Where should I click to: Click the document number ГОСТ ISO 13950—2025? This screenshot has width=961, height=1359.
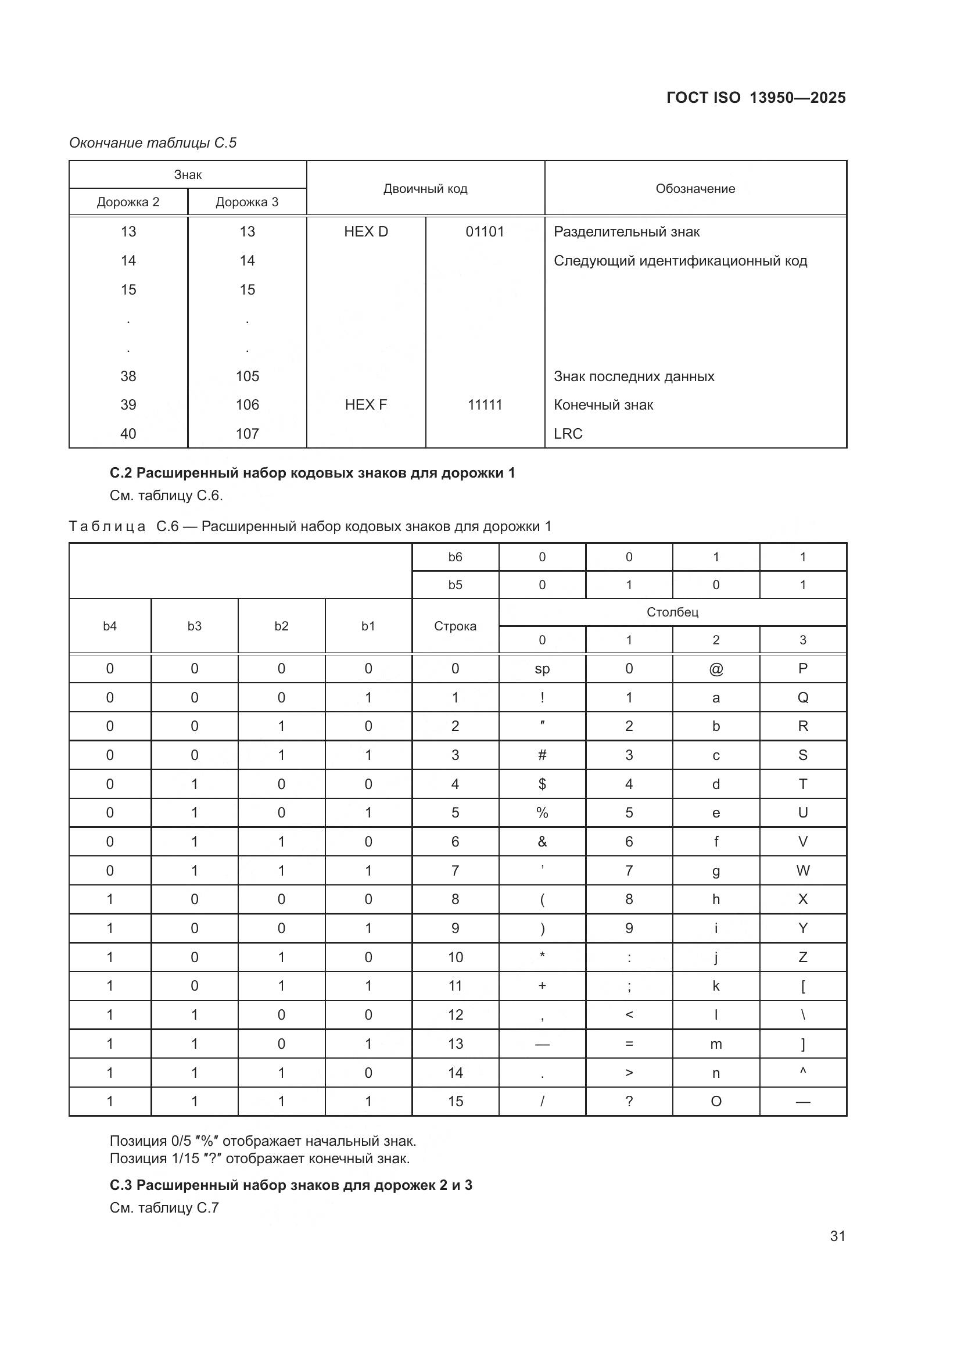pyautogui.click(x=756, y=98)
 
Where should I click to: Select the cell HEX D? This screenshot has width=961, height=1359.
pyautogui.click(x=365, y=231)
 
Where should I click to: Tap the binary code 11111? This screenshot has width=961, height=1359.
pyautogui.click(x=485, y=405)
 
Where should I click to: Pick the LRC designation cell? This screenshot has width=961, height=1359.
pyautogui.click(x=568, y=434)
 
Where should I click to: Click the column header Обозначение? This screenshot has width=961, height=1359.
pyautogui.click(x=695, y=188)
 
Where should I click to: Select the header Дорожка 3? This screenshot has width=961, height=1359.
pyautogui.click(x=247, y=202)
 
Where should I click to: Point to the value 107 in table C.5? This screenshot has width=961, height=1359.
pyautogui.click(x=248, y=434)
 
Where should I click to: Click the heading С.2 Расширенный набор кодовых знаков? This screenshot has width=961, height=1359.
pyautogui.click(x=312, y=473)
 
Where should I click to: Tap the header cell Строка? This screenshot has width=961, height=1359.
pyautogui.click(x=455, y=626)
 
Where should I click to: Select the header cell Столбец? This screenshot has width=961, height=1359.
pyautogui.click(x=672, y=612)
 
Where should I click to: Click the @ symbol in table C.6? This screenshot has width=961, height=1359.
pyautogui.click(x=715, y=669)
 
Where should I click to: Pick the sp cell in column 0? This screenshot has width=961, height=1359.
pyautogui.click(x=542, y=669)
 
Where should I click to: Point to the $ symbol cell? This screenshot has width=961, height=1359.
pyautogui.click(x=542, y=784)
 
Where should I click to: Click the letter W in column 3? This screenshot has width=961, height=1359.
pyautogui.click(x=802, y=871)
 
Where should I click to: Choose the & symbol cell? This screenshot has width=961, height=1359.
pyautogui.click(x=542, y=842)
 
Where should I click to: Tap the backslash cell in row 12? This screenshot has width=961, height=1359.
pyautogui.click(x=802, y=1015)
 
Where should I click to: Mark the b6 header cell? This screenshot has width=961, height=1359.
pyautogui.click(x=455, y=557)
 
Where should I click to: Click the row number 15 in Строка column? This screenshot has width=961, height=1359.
pyautogui.click(x=455, y=1102)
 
